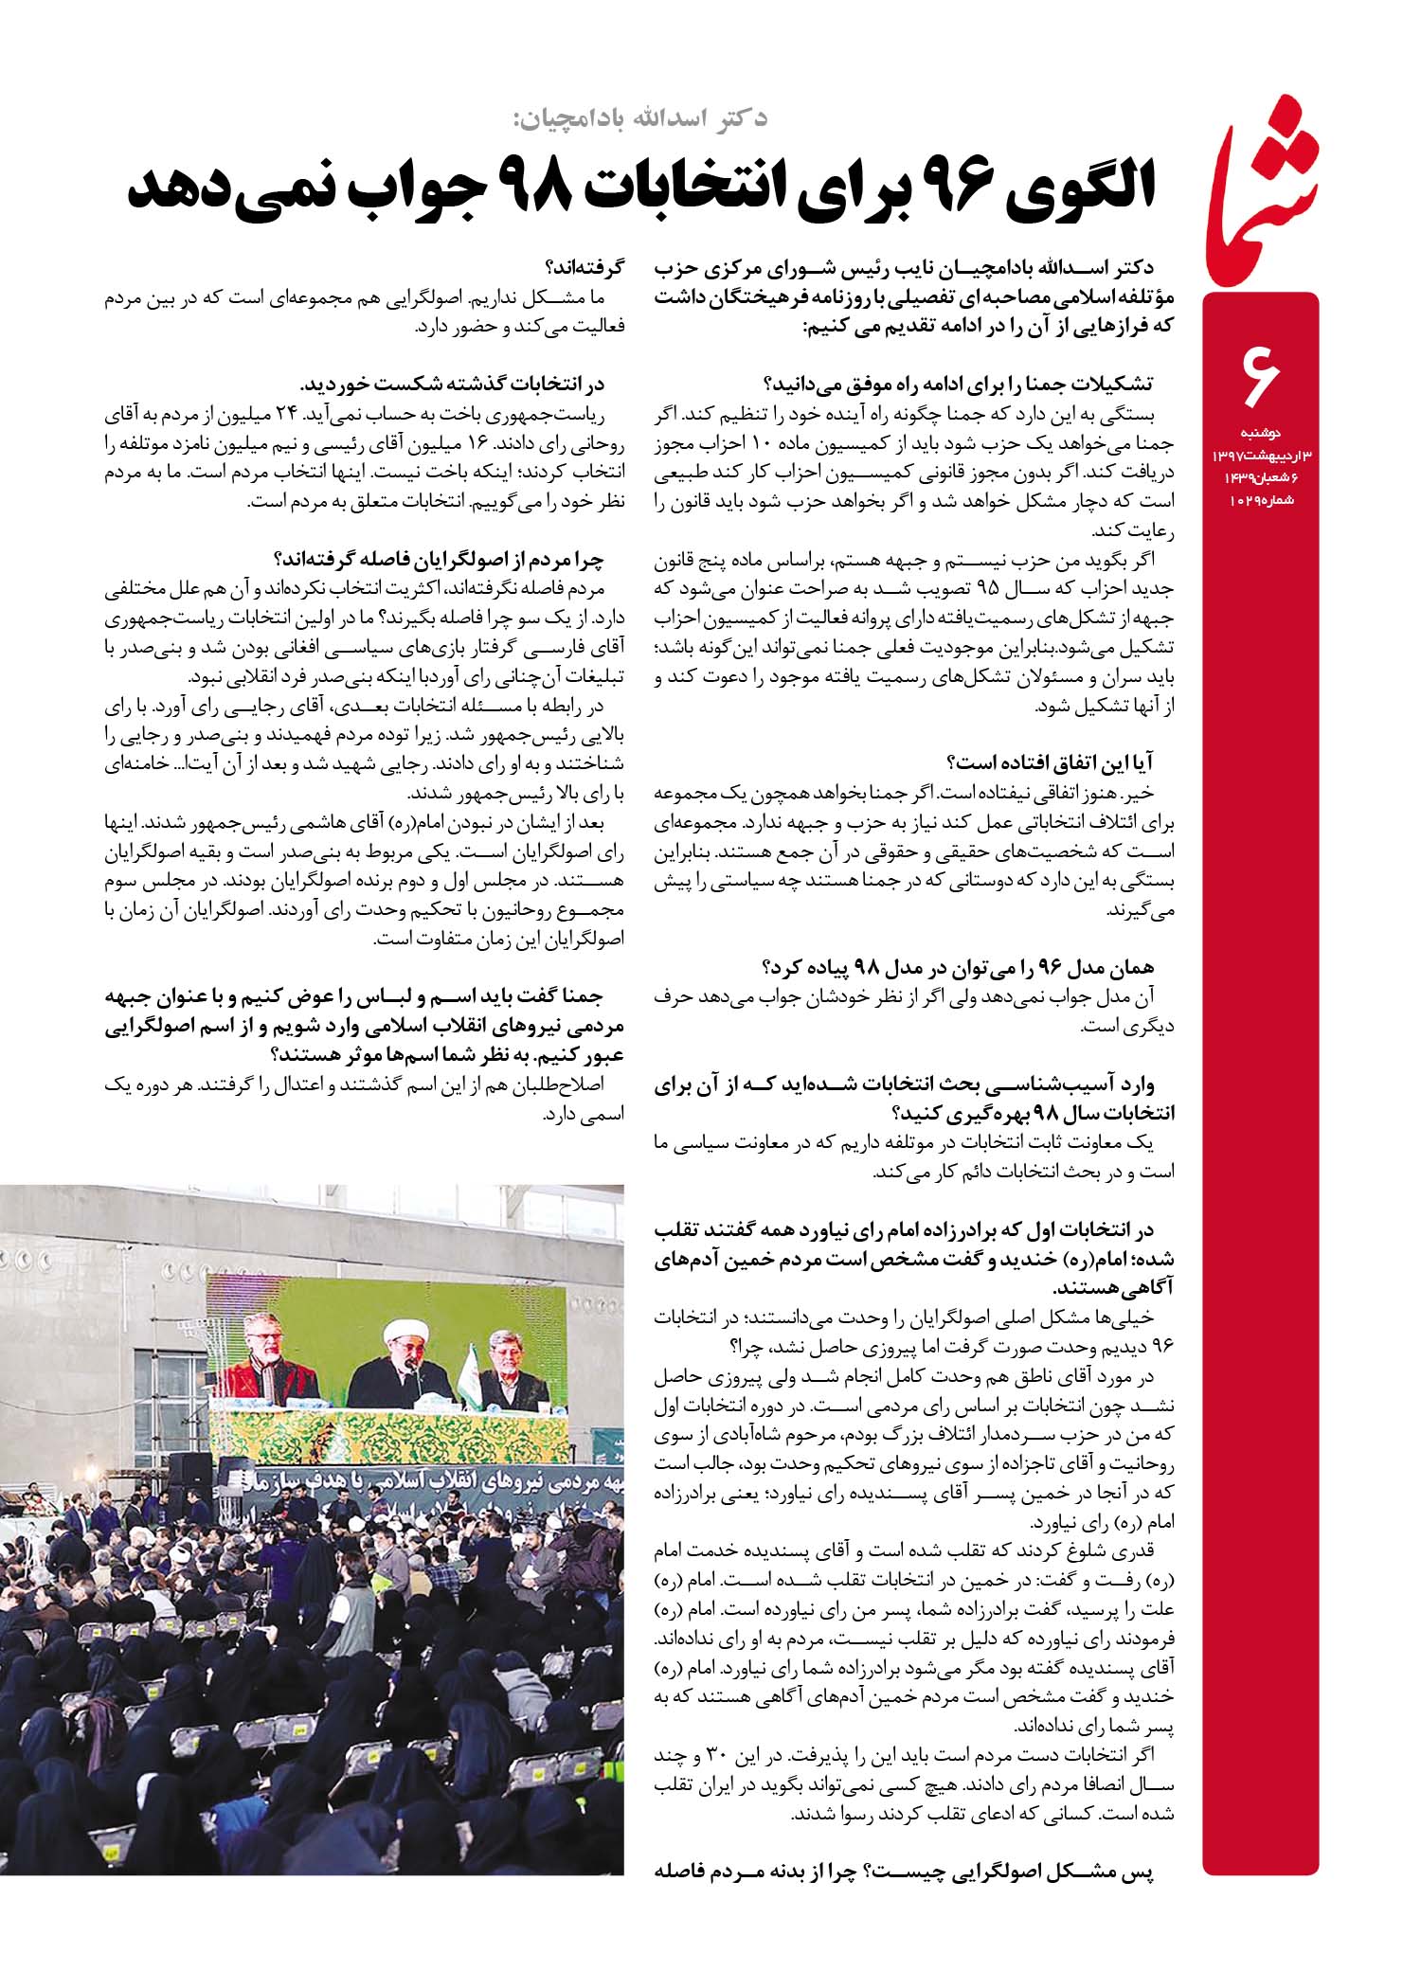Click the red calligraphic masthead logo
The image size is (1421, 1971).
1260,189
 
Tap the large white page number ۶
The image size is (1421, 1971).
1259,375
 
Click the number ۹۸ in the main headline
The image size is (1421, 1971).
535,190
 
